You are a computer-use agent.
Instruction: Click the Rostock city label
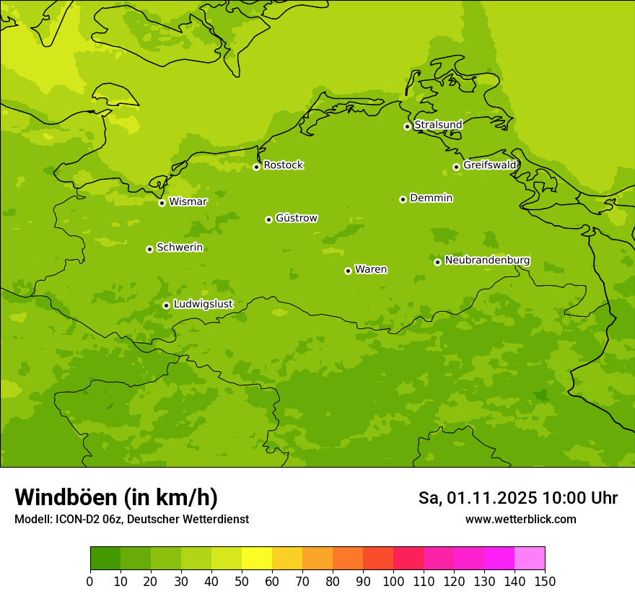tap(283, 165)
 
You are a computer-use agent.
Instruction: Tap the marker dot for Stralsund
tap(407, 126)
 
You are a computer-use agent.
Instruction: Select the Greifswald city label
tap(490, 165)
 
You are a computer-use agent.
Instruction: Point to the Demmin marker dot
tap(403, 199)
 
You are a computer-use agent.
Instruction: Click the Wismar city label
tap(188, 201)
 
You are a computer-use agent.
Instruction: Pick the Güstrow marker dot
tap(268, 219)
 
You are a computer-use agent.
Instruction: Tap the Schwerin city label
tap(180, 248)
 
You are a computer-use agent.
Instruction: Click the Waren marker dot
tap(348, 271)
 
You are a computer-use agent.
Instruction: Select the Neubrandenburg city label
tap(487, 261)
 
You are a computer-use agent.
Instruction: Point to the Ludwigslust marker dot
tap(166, 305)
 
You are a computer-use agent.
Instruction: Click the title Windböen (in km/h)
tap(116, 497)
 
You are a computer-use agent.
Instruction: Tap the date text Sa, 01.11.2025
tap(478, 498)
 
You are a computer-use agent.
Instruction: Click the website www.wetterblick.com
tap(520, 519)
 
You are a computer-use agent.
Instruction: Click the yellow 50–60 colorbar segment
tap(257, 559)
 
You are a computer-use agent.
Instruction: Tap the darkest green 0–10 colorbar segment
tap(105, 559)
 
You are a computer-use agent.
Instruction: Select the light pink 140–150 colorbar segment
tap(530, 559)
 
